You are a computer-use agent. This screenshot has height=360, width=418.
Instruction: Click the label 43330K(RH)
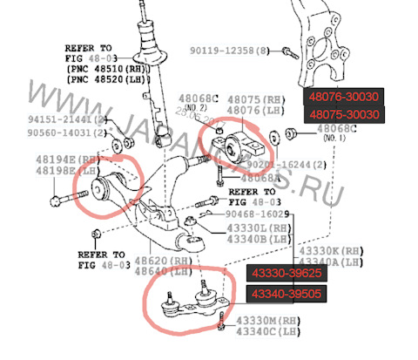pos(331,250)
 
